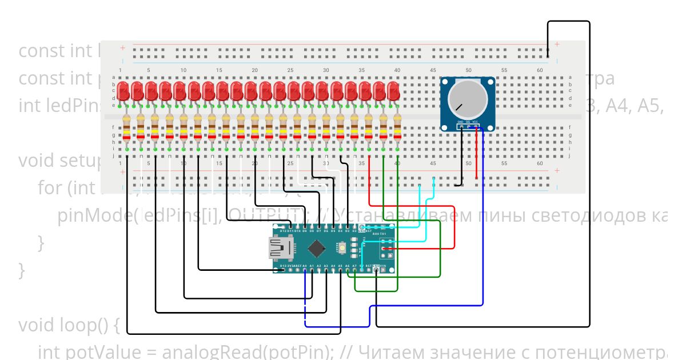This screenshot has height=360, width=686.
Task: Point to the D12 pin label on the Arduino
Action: point(284,231)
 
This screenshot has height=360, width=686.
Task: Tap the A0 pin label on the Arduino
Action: point(305,266)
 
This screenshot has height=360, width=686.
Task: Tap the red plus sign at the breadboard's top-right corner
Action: point(556,44)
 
